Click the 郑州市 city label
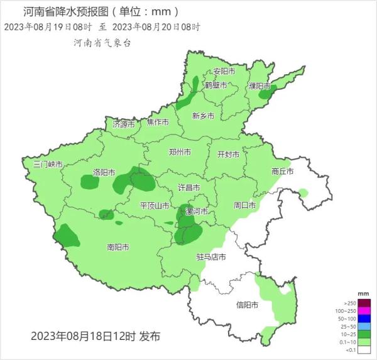click(x=180, y=152)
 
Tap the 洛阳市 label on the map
click(x=104, y=172)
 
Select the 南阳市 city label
click(x=118, y=247)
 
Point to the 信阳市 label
click(x=246, y=305)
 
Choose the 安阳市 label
click(x=224, y=71)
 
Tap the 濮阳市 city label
click(x=260, y=85)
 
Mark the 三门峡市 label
click(x=48, y=164)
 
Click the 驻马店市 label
click(x=209, y=257)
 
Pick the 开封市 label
click(x=229, y=154)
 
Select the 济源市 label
click(x=124, y=124)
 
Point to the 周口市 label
click(x=244, y=205)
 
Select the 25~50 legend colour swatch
click(x=364, y=326)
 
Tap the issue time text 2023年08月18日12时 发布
click(x=96, y=336)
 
